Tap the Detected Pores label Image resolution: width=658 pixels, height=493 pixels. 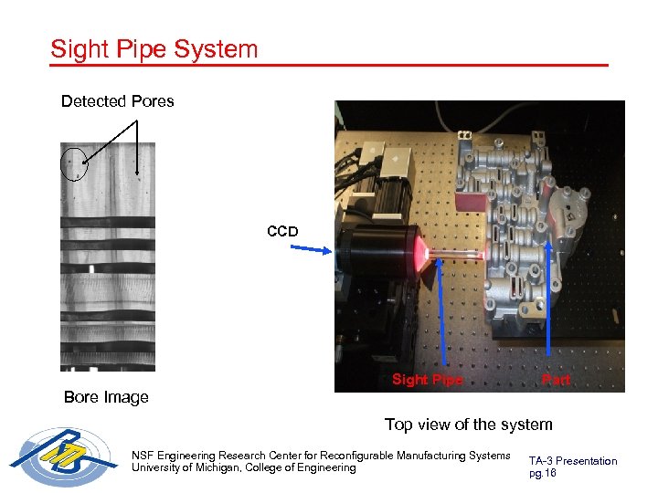[117, 101]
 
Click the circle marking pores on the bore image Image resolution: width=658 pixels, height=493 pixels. [73, 164]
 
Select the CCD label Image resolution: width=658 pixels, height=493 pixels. [282, 232]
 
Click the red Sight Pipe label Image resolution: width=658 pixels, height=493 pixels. [427, 380]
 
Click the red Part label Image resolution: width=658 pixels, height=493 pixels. [556, 380]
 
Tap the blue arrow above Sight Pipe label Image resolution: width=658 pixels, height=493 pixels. [442, 310]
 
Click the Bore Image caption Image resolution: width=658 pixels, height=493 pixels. [106, 397]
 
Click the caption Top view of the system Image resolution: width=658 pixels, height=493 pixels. [468, 425]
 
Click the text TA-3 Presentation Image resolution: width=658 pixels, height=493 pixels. [573, 461]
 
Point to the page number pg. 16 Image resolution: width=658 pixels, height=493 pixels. [542, 474]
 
